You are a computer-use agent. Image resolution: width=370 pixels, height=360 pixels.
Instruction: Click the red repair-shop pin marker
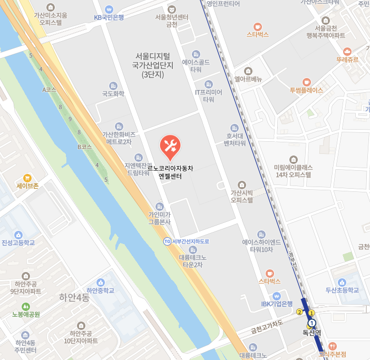click(x=170, y=146)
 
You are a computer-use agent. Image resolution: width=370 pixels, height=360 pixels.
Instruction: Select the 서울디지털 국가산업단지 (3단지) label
click(x=153, y=65)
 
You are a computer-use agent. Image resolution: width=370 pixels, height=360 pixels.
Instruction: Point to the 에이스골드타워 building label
click(x=196, y=65)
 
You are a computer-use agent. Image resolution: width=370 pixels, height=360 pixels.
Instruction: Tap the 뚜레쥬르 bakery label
click(x=347, y=60)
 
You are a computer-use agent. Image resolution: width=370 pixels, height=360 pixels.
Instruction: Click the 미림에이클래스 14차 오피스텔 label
click(x=294, y=170)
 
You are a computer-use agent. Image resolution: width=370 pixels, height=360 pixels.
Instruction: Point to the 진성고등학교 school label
click(x=18, y=242)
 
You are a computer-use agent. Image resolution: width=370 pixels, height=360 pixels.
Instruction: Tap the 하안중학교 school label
click(x=101, y=290)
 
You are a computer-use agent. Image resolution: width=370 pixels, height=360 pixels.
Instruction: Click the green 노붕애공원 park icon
click(x=25, y=306)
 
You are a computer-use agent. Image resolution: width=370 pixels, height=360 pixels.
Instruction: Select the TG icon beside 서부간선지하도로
click(x=167, y=241)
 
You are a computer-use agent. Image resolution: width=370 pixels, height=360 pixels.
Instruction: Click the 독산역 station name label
click(x=311, y=333)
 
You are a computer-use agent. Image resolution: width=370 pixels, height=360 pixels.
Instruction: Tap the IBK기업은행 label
click(x=277, y=303)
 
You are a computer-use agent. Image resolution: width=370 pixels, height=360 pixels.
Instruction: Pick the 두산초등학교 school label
click(x=342, y=290)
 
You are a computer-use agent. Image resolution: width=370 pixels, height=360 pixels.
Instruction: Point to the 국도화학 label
click(x=113, y=94)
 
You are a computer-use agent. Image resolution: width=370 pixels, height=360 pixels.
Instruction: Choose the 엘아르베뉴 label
click(x=248, y=79)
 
